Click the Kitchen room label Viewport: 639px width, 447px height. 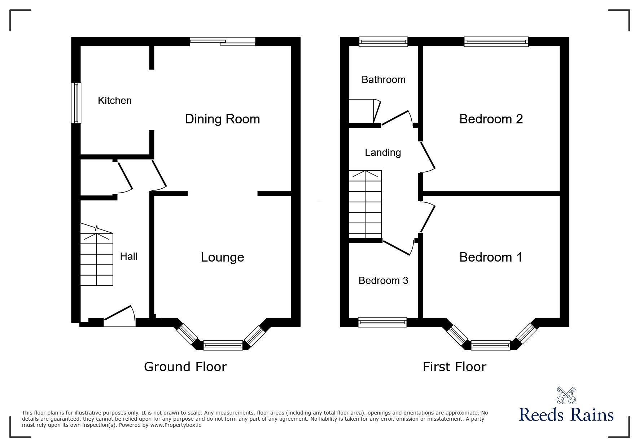(x=115, y=100)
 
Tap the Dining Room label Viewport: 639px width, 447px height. (x=222, y=119)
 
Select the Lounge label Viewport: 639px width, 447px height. (x=222, y=257)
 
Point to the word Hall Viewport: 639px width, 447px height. (x=128, y=257)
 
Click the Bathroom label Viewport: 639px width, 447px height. (x=383, y=79)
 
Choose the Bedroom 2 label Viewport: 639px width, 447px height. (x=491, y=119)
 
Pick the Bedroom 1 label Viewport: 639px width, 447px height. (x=491, y=257)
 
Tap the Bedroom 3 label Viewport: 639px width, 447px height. (x=383, y=281)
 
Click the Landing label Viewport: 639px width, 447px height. (x=382, y=153)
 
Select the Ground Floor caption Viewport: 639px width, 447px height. (x=185, y=367)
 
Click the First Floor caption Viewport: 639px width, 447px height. (x=454, y=367)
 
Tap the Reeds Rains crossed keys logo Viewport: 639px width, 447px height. (x=566, y=395)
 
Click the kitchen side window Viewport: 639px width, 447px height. (x=76, y=103)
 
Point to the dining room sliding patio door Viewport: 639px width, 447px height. (x=223, y=41)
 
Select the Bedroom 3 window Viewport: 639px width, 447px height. (x=382, y=322)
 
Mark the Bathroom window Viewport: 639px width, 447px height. (x=383, y=42)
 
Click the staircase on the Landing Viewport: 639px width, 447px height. (x=365, y=204)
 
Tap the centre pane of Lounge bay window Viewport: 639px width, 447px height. (x=223, y=345)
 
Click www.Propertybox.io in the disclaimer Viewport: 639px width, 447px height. (x=176, y=425)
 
